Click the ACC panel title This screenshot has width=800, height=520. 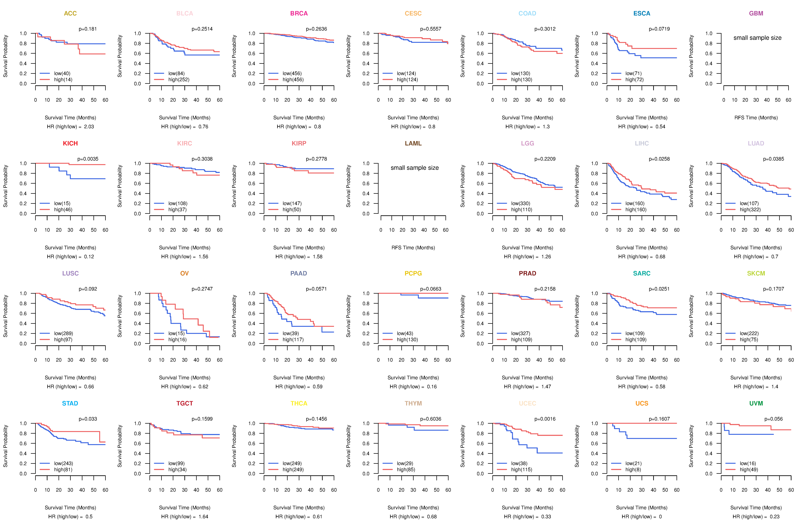[x=70, y=13]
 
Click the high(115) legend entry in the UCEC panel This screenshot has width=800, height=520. [x=521, y=470]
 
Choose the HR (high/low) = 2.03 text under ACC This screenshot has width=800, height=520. [x=70, y=127]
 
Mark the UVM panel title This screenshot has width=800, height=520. [x=756, y=403]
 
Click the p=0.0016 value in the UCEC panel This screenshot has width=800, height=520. [x=545, y=419]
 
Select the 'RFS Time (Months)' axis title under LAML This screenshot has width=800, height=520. [x=413, y=248]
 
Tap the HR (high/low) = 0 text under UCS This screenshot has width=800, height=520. [x=642, y=517]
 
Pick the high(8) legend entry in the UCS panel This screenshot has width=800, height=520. [x=633, y=470]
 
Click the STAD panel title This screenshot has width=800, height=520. [x=70, y=403]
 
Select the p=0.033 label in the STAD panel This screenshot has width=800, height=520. [x=88, y=419]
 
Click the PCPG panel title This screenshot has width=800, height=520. [x=413, y=273]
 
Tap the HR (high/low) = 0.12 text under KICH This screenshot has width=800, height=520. [x=70, y=257]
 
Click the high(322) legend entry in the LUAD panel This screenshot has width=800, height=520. [x=750, y=210]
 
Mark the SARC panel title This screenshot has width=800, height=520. [x=642, y=273]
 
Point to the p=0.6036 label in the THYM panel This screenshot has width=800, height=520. [x=431, y=419]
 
